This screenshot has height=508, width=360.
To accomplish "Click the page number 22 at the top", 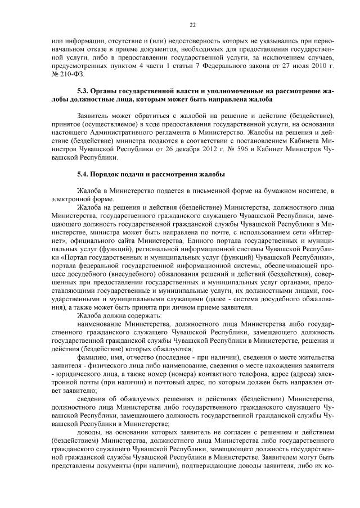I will (x=192, y=25).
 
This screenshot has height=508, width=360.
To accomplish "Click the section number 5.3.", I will (x=84, y=90).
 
